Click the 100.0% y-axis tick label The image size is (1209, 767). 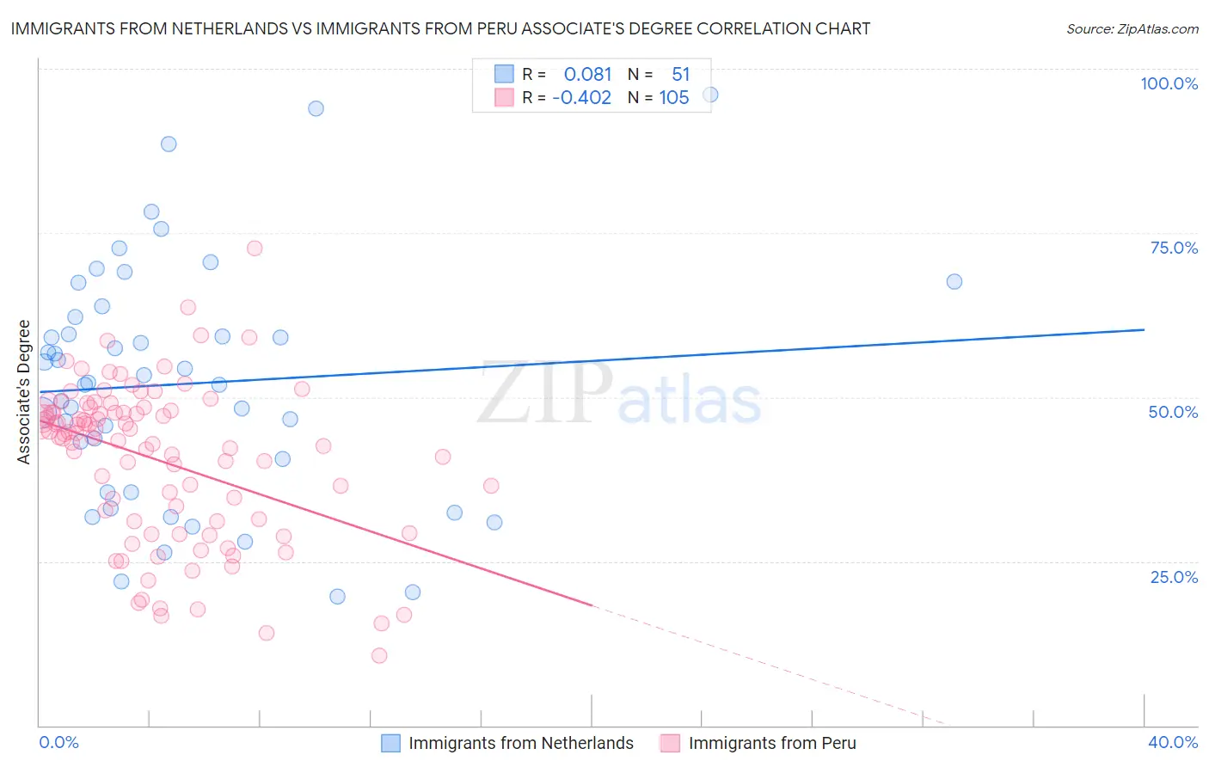1169,83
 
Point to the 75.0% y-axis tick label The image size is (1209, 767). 1174,248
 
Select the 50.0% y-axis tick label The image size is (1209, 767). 1173,412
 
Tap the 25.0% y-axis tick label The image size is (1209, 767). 1174,577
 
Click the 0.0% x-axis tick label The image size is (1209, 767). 58,742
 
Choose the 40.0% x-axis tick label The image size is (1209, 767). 1172,742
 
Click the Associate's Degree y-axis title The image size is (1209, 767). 24,392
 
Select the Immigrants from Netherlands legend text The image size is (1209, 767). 521,743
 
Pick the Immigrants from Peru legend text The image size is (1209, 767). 772,743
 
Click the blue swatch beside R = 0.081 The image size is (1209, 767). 504,74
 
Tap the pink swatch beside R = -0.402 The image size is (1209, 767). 504,97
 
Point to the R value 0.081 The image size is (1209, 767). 587,74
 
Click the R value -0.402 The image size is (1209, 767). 581,97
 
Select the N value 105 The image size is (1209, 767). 674,97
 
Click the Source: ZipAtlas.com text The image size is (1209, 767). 1132,28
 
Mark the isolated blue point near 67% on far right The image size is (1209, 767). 954,281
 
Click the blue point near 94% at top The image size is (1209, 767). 316,108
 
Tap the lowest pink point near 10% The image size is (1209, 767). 378,655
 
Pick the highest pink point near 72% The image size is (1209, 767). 255,248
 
